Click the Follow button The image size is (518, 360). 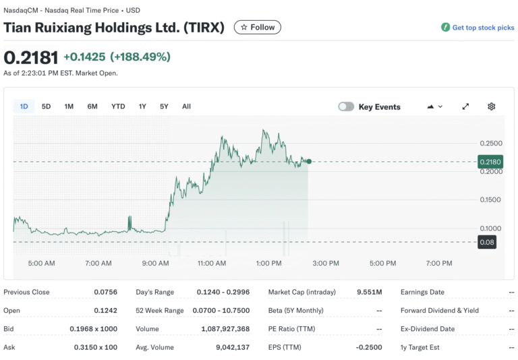pos(257,27)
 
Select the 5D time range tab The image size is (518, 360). pos(46,107)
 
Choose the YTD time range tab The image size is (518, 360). pos(118,107)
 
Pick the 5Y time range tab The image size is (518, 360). pos(164,107)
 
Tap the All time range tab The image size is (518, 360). pos(186,107)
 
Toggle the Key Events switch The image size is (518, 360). pos(346,107)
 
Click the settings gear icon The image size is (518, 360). pos(491,107)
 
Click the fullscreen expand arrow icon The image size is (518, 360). pos(465,107)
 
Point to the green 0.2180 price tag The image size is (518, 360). pos(488,162)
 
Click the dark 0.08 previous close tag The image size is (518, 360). pos(486,242)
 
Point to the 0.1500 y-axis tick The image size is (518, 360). pos(490,200)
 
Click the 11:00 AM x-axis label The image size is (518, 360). pos(212,263)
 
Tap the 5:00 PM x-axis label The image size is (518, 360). pos(382,263)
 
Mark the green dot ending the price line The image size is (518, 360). pos(309,161)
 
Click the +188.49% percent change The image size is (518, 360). pos(140,57)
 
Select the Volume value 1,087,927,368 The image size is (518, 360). pos(225,329)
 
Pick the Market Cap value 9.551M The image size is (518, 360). pos(369,292)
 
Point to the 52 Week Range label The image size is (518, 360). pos(159,311)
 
